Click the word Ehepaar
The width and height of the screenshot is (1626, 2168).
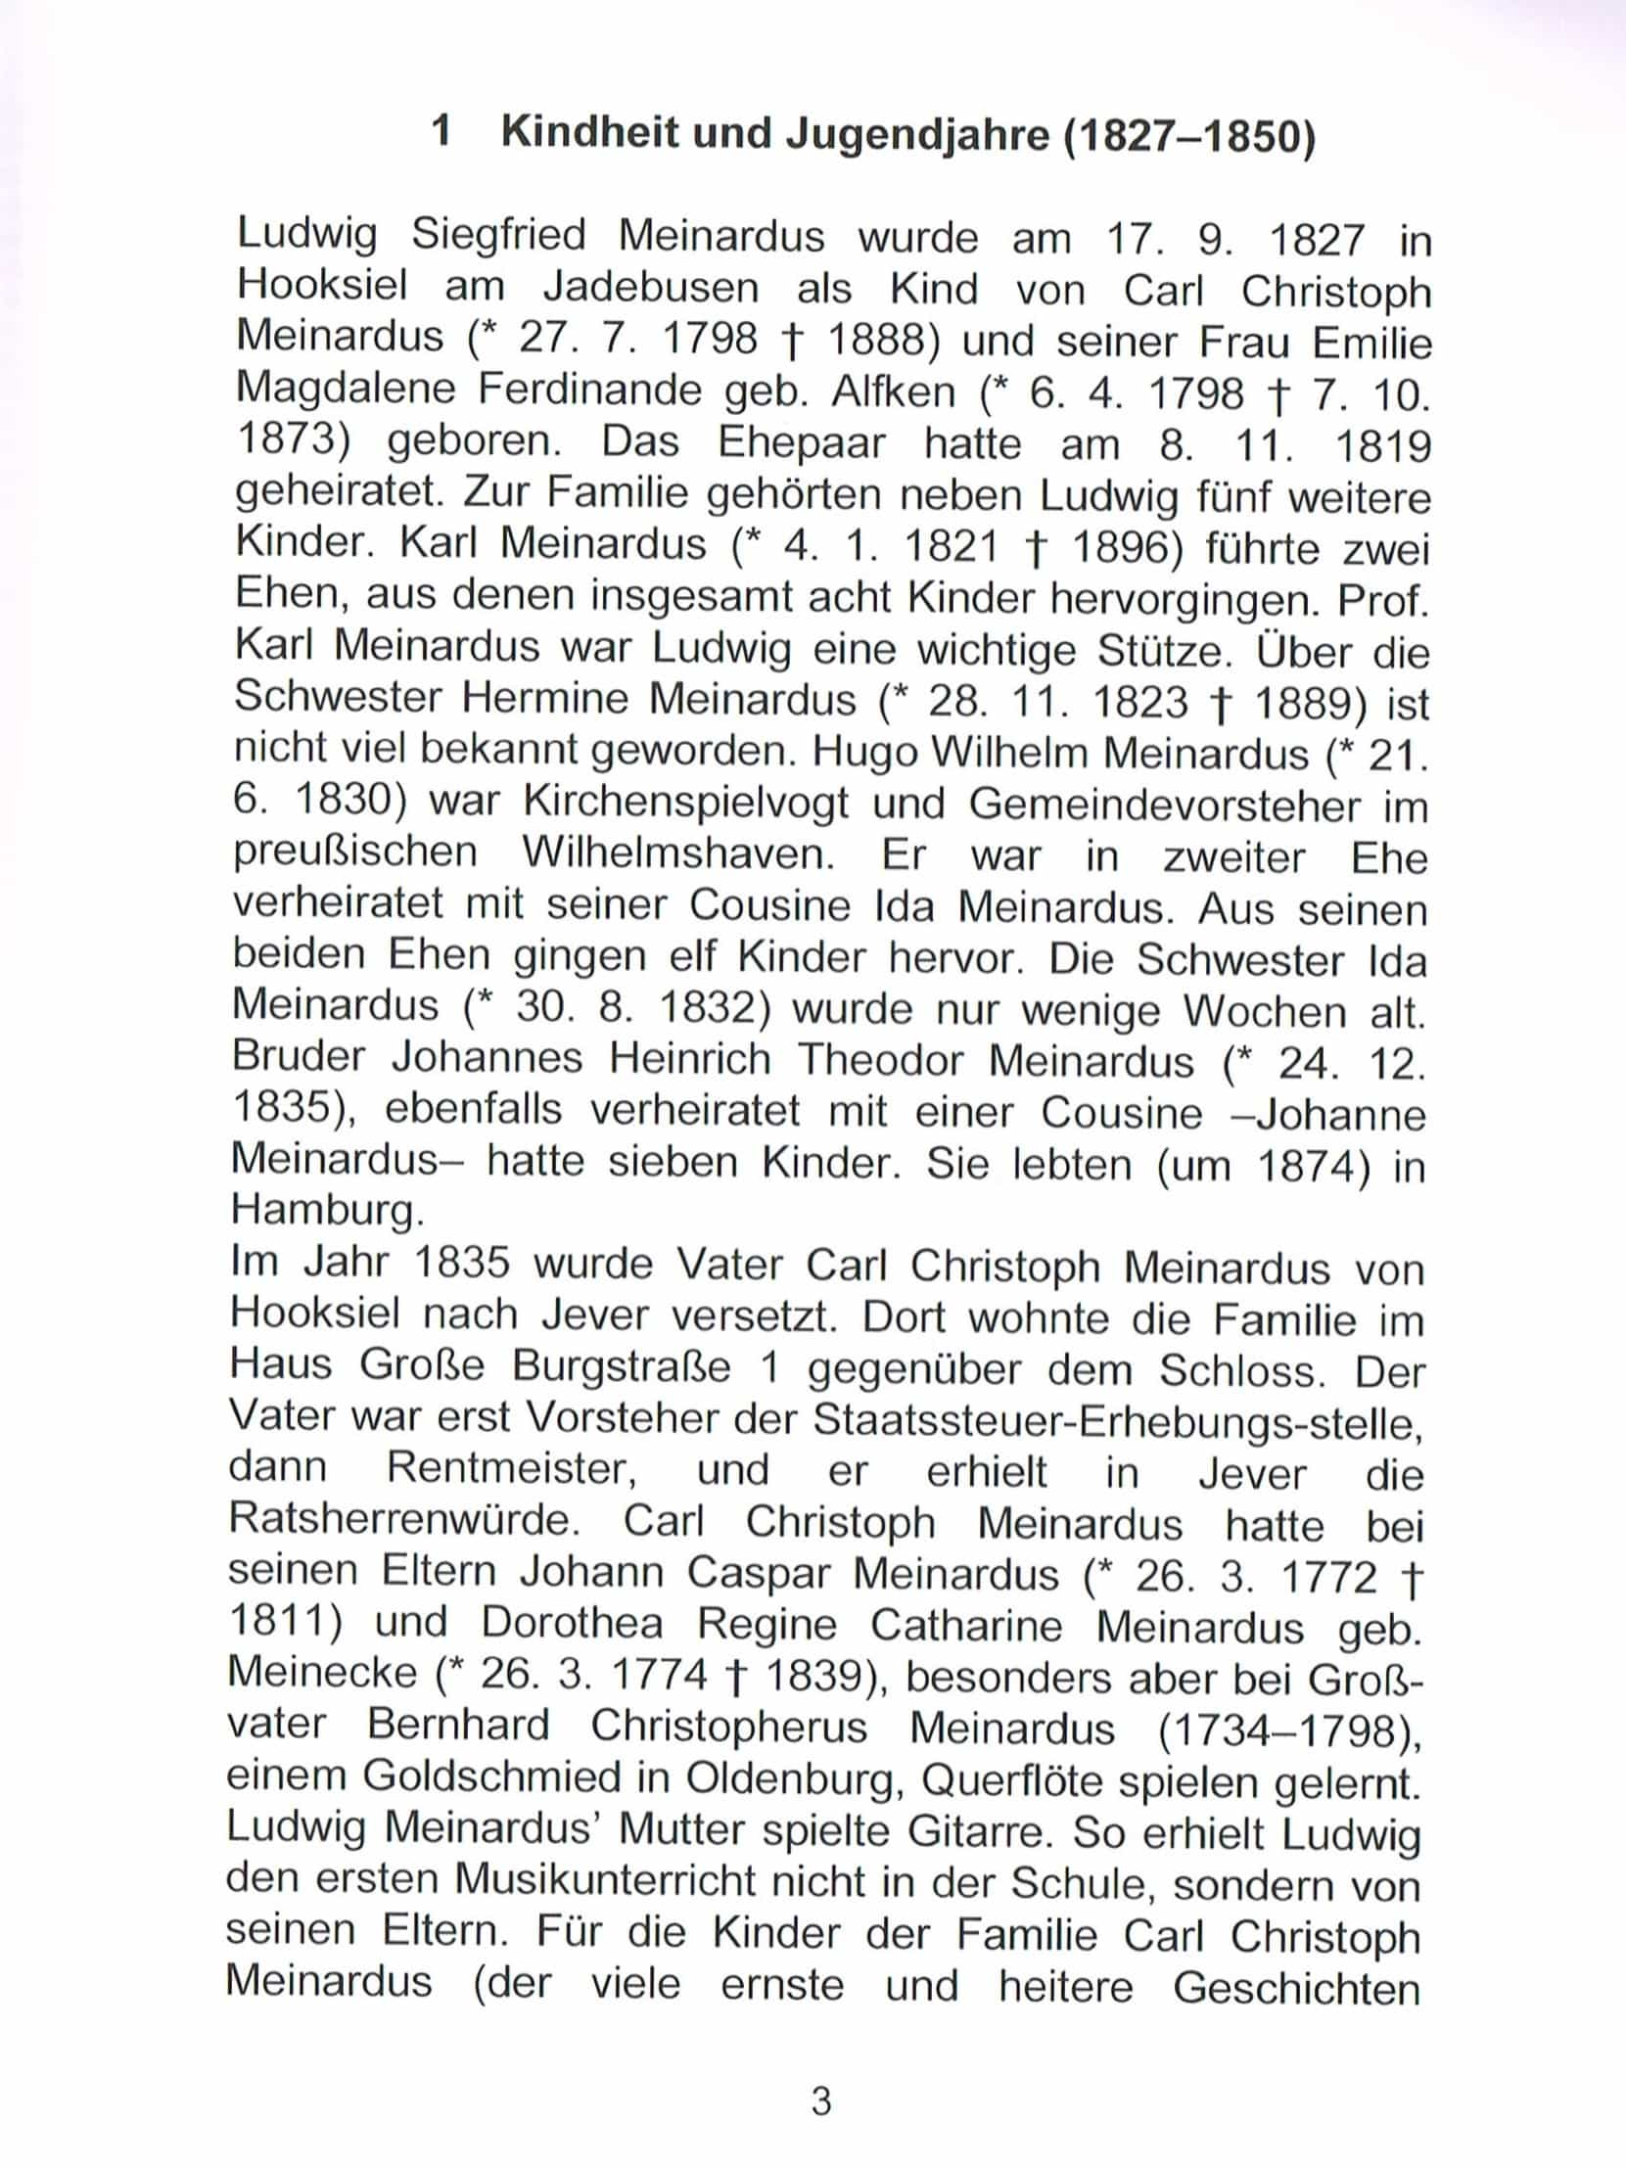[802, 444]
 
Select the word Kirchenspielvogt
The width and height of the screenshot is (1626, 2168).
[685, 804]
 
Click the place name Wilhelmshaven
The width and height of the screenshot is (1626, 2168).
[677, 854]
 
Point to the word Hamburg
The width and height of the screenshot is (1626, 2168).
[327, 1213]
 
